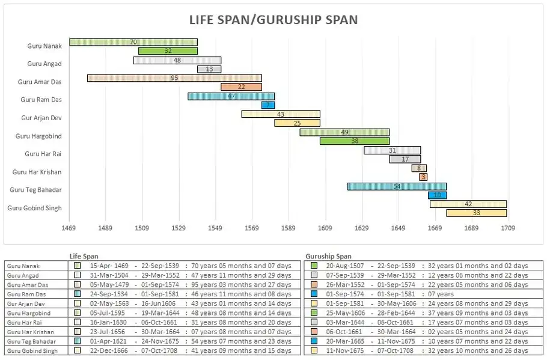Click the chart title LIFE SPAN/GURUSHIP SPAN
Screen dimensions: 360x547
tap(273, 20)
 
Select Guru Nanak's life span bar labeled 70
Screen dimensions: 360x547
tap(133, 42)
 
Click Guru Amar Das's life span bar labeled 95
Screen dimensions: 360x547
tap(174, 78)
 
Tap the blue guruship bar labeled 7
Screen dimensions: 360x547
tap(268, 105)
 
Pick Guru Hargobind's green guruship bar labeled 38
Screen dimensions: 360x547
tap(355, 141)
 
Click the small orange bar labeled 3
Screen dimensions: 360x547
tap(423, 177)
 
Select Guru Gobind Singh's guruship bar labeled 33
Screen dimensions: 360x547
tap(477, 213)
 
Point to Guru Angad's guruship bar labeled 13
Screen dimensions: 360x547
tap(209, 69)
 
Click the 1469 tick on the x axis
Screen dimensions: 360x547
tap(69, 228)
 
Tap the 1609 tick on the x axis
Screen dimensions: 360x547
tap(325, 228)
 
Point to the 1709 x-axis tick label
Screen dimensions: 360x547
tap(508, 228)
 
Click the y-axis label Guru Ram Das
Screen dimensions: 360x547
tap(41, 100)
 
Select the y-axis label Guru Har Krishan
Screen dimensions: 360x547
tap(37, 172)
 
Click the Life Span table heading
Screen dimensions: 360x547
tap(84, 256)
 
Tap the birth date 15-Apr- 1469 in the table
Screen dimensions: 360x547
tap(109, 266)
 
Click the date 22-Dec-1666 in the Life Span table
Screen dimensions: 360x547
tap(109, 350)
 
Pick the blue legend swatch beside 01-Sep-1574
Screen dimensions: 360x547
tap(314, 294)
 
